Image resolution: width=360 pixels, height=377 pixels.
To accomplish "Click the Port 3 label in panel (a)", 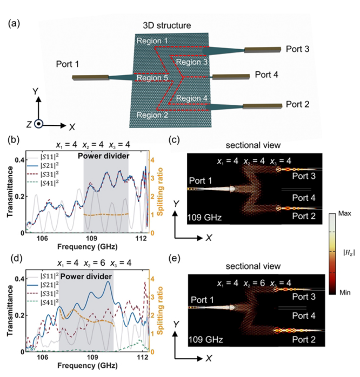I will [x=299, y=49].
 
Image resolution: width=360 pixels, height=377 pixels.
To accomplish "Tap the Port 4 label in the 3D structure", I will [x=266, y=74].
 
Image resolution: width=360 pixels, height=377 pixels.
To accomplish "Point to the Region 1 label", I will [x=153, y=41].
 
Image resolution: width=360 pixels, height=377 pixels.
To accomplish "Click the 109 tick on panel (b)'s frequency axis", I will [x=92, y=238].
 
